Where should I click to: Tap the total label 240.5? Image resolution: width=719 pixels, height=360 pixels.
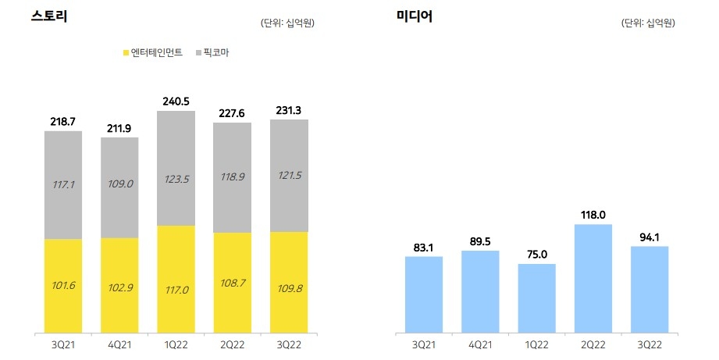(176, 102)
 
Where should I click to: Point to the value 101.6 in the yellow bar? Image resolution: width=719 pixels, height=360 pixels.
(63, 287)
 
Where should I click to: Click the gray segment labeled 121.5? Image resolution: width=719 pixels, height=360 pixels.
(289, 176)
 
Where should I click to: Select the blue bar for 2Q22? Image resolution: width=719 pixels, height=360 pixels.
(593, 278)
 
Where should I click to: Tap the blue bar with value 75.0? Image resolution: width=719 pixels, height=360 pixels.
(537, 298)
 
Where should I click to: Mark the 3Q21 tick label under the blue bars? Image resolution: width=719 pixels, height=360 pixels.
(424, 344)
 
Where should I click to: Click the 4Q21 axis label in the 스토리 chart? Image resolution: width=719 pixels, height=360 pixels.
(119, 344)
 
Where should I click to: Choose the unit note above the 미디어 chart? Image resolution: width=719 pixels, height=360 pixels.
(648, 23)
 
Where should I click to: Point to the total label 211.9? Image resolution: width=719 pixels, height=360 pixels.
(119, 128)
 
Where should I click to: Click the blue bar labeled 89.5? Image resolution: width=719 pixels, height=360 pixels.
(480, 291)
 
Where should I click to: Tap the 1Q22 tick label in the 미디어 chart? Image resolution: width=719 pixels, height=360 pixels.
(537, 344)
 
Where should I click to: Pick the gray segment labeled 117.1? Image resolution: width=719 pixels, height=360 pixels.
(63, 185)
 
